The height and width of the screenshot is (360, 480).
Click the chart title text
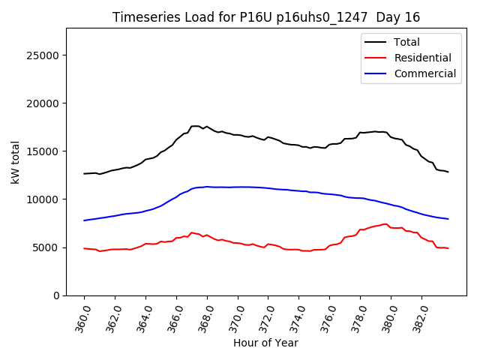pos(266,17)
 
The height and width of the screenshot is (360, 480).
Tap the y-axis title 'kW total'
pos(16,162)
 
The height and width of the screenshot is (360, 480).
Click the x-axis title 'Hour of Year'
pos(265,343)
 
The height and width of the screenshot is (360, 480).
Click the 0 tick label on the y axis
pos(55,295)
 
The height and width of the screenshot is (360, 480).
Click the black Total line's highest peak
pos(196,126)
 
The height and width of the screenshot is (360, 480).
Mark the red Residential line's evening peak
pos(385,223)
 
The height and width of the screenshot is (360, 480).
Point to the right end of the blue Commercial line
pos(448,219)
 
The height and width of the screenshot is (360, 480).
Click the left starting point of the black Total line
pos(84,173)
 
